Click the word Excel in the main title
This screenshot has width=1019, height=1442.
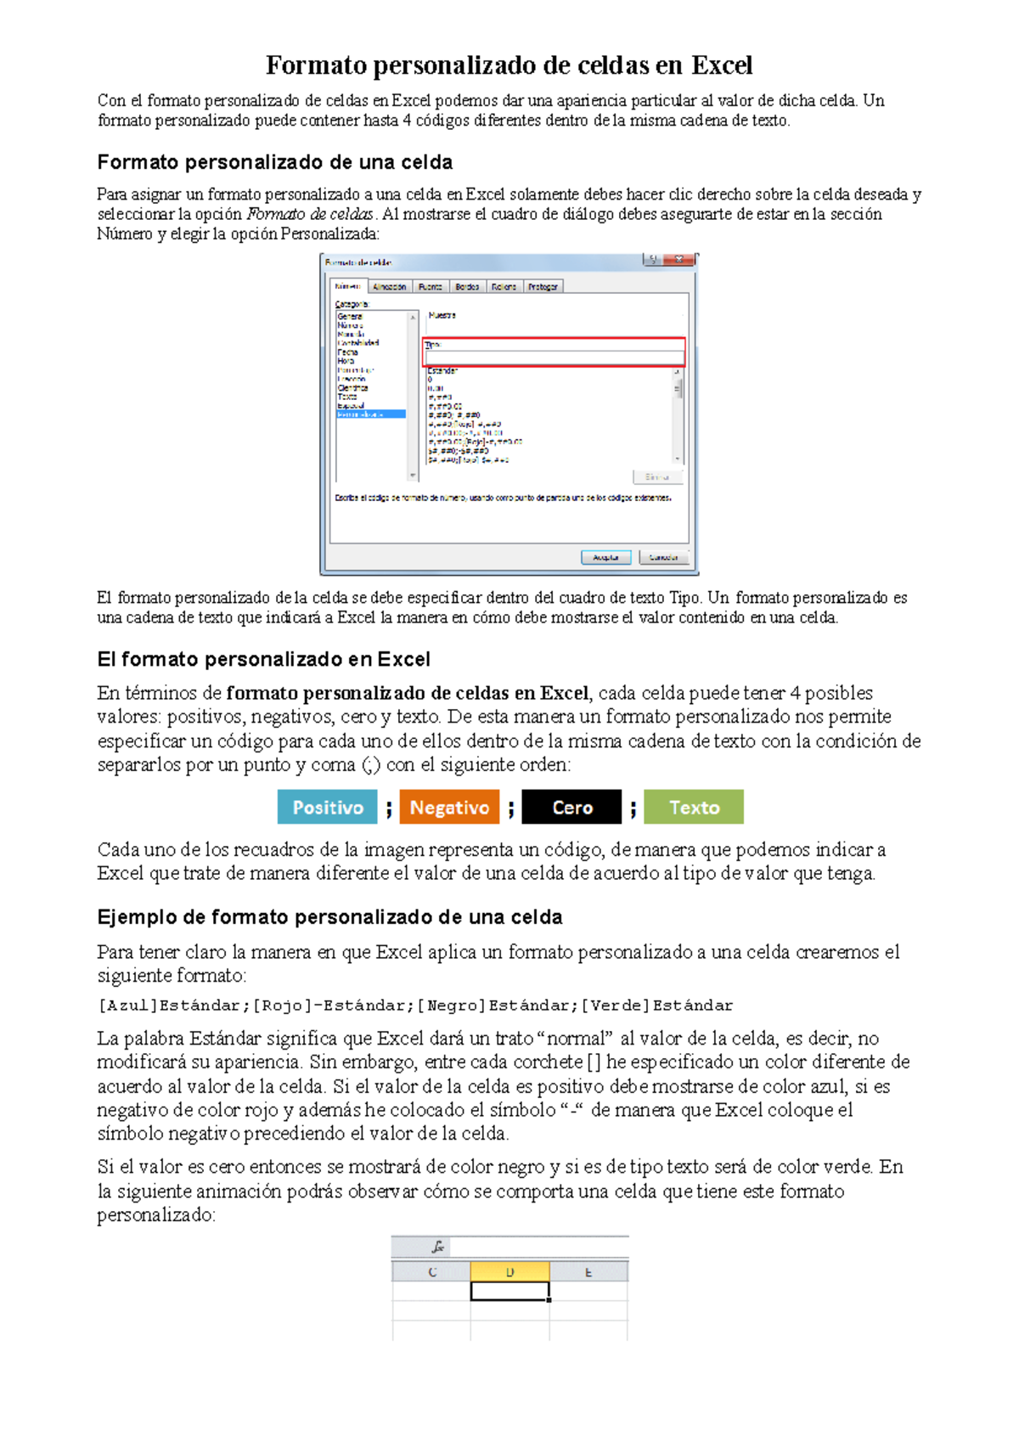(x=722, y=65)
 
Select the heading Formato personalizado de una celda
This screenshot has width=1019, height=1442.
(x=274, y=162)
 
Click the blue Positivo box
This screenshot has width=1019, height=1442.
(x=327, y=808)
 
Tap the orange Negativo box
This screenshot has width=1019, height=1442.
(x=449, y=808)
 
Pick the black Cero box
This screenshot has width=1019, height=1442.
(x=571, y=808)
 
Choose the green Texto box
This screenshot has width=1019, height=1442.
(x=694, y=808)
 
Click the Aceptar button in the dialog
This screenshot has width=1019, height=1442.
(x=605, y=557)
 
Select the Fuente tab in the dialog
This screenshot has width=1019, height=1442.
(x=430, y=287)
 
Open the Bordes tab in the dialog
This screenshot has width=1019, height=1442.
(x=467, y=287)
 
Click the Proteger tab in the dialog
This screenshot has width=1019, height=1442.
(x=543, y=287)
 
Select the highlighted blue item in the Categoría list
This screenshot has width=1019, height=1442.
(x=370, y=414)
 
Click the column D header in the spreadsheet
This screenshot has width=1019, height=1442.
(x=509, y=1271)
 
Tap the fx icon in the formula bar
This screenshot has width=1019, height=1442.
(x=437, y=1247)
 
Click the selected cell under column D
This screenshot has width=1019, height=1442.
(x=509, y=1291)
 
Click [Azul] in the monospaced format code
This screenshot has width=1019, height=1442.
(x=127, y=1005)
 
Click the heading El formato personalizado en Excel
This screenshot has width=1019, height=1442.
(x=263, y=659)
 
